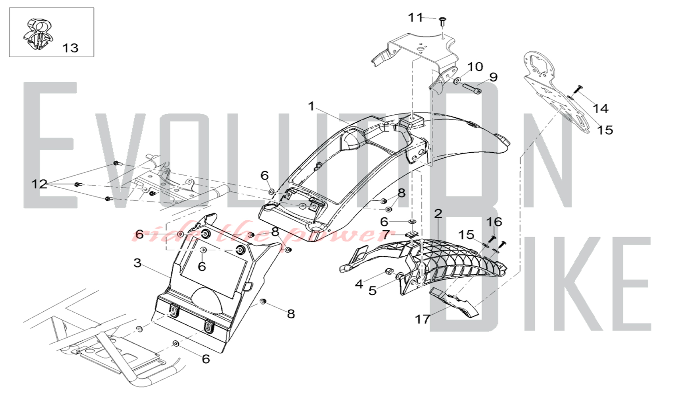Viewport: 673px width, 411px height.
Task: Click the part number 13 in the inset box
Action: [70, 48]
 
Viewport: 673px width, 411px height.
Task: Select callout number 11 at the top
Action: [415, 18]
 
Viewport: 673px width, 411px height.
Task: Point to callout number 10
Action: [475, 67]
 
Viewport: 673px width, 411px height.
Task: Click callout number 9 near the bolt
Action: [493, 77]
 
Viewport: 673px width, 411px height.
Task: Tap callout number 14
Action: [601, 108]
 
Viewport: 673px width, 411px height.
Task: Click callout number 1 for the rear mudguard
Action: [311, 106]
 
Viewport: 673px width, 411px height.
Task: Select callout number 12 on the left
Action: [39, 184]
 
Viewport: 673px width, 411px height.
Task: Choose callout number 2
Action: [438, 214]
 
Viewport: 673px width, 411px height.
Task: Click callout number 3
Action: [137, 263]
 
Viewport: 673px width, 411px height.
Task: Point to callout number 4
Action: [359, 284]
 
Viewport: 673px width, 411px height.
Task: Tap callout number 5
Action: [372, 290]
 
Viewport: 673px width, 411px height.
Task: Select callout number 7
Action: [386, 234]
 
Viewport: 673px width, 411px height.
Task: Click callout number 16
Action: [494, 222]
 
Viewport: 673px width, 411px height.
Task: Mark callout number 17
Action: [422, 319]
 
